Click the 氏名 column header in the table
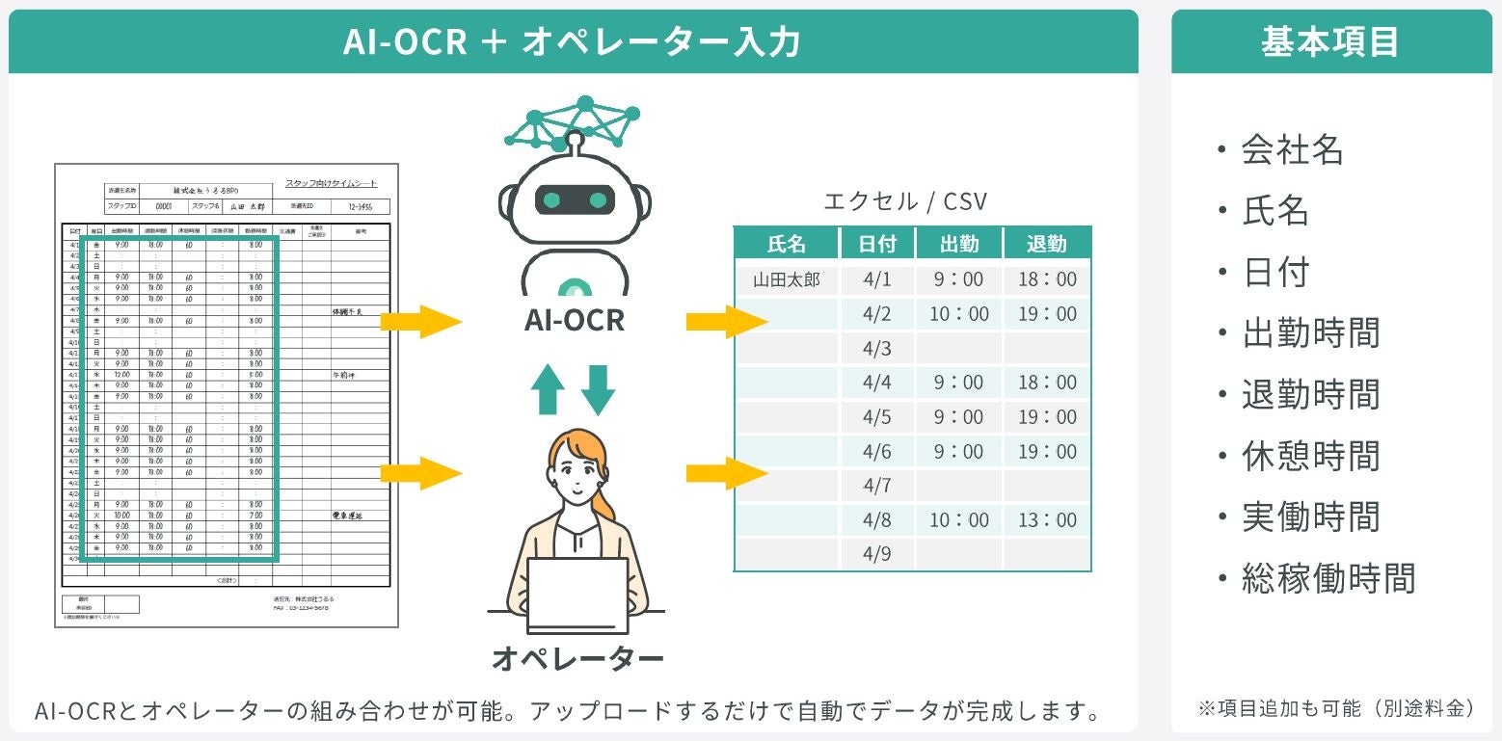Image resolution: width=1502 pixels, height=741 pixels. tap(786, 244)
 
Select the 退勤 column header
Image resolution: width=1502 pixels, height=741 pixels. tap(1047, 244)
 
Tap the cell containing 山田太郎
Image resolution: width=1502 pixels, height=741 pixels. tap(786, 279)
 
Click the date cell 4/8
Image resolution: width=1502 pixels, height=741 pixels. tap(876, 520)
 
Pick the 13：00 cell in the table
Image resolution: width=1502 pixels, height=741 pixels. tap(1047, 520)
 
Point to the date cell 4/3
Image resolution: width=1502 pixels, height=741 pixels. tap(876, 348)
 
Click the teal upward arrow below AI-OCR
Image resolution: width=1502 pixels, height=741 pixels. tap(549, 389)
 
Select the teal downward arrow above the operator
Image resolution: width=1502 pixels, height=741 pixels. tap(599, 389)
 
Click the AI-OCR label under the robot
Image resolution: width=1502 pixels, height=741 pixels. tap(574, 320)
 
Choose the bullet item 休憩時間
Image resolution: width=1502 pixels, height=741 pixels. tap(1310, 456)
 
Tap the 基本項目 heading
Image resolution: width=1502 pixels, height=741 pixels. tap(1330, 42)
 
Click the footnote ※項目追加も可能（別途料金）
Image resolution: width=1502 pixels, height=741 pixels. tap(1336, 708)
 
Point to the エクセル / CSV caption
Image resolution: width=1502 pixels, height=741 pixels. tap(905, 201)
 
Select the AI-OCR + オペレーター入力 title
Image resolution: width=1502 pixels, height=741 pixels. tap(573, 42)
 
